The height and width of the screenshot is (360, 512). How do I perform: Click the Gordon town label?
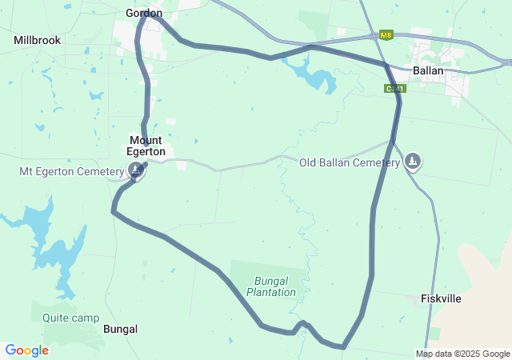pos(144,13)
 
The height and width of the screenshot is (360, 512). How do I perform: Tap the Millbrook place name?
pos(37,39)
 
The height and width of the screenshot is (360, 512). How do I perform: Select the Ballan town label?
pos(429,70)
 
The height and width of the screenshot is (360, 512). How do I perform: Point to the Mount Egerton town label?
pos(146,146)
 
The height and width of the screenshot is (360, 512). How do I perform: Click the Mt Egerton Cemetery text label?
pos(72,170)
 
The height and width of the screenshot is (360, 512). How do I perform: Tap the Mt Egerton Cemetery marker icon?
pos(137,170)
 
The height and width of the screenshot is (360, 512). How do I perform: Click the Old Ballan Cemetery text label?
pos(350,162)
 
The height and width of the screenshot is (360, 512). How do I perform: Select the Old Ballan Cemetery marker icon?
pos(413,162)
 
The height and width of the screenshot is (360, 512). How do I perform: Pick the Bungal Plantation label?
pos(271,286)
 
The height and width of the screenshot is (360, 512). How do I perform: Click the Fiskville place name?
pos(442,298)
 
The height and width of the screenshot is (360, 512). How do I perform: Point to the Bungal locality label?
pos(121,329)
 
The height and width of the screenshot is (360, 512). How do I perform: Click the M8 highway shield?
pos(386,35)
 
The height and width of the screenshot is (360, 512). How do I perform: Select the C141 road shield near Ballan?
pos(393,88)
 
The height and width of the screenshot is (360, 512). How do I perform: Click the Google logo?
pos(26,350)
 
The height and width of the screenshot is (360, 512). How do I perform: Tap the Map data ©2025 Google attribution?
pos(462,354)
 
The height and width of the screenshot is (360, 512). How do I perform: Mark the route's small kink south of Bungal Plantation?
pos(302,324)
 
